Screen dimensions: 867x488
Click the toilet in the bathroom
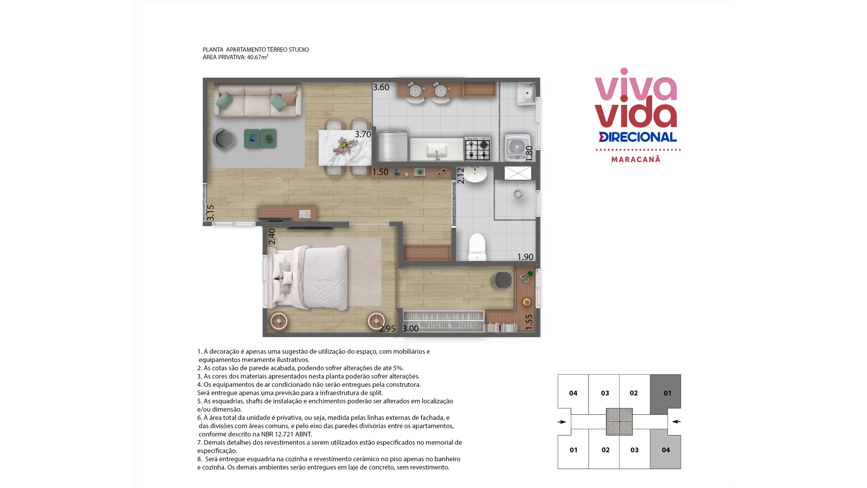coord(477,247)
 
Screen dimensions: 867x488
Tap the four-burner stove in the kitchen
coord(478,149)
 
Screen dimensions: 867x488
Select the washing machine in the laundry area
coord(517,147)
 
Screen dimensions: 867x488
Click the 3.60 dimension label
coord(381,87)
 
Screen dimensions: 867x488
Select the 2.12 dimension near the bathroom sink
coord(461,176)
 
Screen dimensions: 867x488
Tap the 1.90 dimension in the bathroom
coord(525,257)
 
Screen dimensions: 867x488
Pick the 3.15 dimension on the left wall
coord(210,213)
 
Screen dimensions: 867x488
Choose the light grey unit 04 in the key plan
coord(666,450)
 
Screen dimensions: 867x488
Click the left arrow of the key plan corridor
coord(562,422)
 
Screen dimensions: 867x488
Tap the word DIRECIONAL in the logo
coord(638,137)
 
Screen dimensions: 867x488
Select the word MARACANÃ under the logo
coord(636,160)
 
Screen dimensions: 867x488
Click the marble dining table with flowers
coord(345,148)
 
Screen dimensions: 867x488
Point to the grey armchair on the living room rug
coord(224,138)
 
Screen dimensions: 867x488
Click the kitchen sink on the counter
coord(437,150)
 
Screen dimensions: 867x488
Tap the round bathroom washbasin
coord(475,174)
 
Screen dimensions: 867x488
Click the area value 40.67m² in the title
coord(257,57)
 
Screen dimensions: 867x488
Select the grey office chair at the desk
coord(502,280)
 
